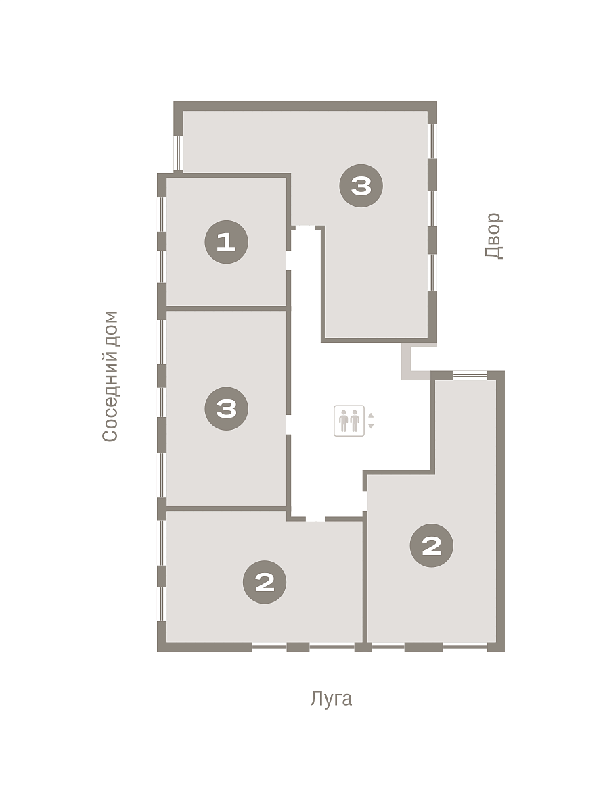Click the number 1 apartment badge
227,242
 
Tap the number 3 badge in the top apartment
361,186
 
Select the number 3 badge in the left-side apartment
227,409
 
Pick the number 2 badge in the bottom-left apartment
265,583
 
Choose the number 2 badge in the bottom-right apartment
432,545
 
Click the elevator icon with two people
349,421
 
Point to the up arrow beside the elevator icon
371,415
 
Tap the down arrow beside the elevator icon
371,426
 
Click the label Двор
494,236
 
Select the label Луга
331,699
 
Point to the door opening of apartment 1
288,260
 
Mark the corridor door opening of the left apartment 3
288,424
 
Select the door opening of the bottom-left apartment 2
315,519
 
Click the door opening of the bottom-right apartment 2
365,501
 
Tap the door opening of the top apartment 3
305,228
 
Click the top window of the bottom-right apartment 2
470,375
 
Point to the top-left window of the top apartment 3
178,153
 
